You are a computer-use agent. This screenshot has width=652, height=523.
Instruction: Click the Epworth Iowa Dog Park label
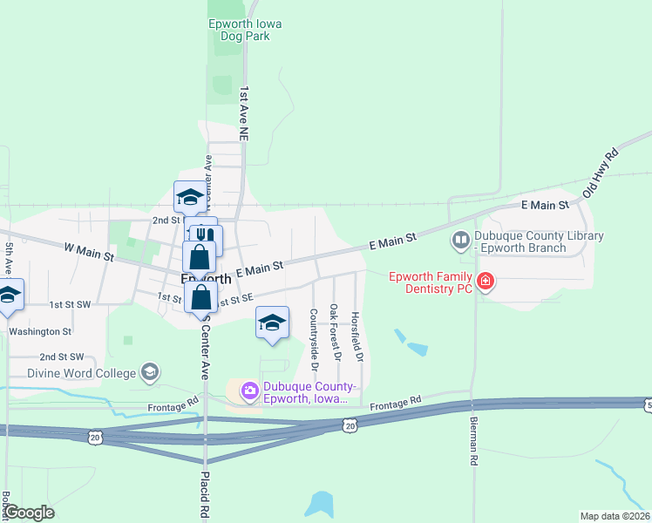tap(245, 31)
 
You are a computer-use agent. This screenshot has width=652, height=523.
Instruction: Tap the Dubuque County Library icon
tap(459, 238)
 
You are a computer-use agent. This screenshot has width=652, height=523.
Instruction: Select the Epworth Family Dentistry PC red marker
tap(485, 282)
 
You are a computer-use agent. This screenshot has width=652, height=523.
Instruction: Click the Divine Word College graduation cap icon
tap(149, 372)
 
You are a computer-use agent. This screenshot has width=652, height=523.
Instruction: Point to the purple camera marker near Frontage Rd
tap(250, 390)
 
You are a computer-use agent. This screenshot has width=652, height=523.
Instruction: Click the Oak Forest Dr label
tap(335, 333)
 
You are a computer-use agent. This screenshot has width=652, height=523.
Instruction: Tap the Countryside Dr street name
tap(314, 337)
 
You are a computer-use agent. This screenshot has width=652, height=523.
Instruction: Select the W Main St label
tap(89, 252)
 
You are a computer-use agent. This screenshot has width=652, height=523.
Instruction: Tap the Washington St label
tap(39, 331)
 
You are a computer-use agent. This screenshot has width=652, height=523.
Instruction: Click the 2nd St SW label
tap(61, 357)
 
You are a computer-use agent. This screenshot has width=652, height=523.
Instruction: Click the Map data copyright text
tap(615, 516)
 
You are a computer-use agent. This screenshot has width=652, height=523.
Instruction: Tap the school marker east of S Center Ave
tap(272, 323)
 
